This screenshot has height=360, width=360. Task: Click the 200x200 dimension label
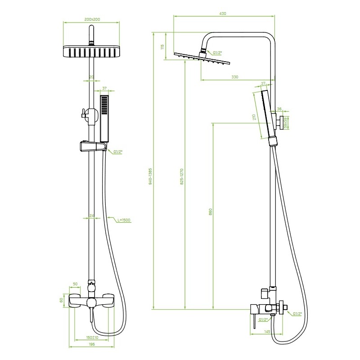tap(92, 19)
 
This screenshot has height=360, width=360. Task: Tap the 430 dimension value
tap(222, 13)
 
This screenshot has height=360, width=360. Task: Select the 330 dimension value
tap(234, 77)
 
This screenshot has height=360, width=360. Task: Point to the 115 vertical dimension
tap(162, 47)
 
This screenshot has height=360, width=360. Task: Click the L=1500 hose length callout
tap(124, 220)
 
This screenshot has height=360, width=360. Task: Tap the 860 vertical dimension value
tap(210, 211)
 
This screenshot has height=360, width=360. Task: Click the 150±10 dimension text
tap(92, 337)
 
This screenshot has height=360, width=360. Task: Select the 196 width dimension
tap(92, 344)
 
